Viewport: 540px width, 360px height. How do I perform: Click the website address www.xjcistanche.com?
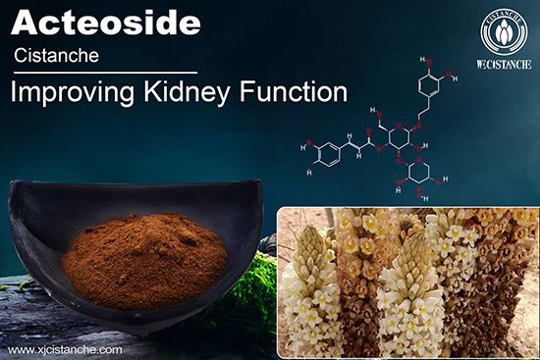pyautogui.click(x=65, y=349)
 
